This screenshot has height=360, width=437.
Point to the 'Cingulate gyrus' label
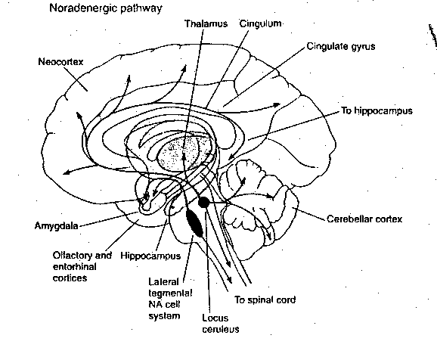pyautogui.click(x=340, y=46)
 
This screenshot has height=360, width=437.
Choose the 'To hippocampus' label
pyautogui.click(x=376, y=110)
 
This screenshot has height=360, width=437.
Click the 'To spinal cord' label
pyautogui.click(x=264, y=299)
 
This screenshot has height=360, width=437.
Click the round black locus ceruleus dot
pyautogui.click(x=204, y=203)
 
